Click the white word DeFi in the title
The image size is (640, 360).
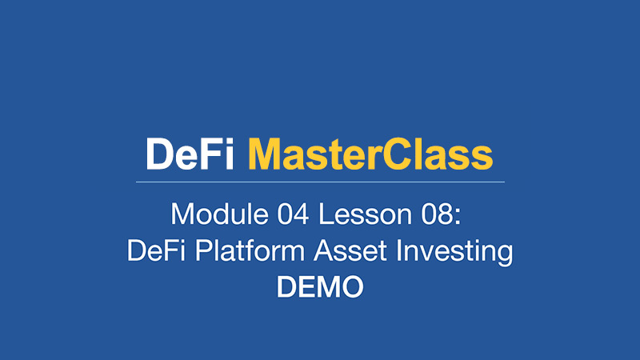[x=190, y=154]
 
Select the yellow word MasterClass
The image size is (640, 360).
[x=370, y=154]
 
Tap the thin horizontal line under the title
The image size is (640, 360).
[x=320, y=182]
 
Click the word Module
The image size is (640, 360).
[x=219, y=214]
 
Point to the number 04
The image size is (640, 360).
[x=293, y=214]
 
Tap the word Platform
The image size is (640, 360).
[x=250, y=250]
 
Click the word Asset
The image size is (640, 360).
[x=350, y=250]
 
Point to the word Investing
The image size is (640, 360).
[x=454, y=252]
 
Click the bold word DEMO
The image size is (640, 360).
[x=320, y=287]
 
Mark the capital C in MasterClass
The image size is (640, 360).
[x=397, y=154]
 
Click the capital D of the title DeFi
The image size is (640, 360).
[x=160, y=154]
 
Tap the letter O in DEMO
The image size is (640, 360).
[x=351, y=287]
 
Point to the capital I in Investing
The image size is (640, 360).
[x=398, y=250]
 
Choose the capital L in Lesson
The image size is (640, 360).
[x=326, y=214]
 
